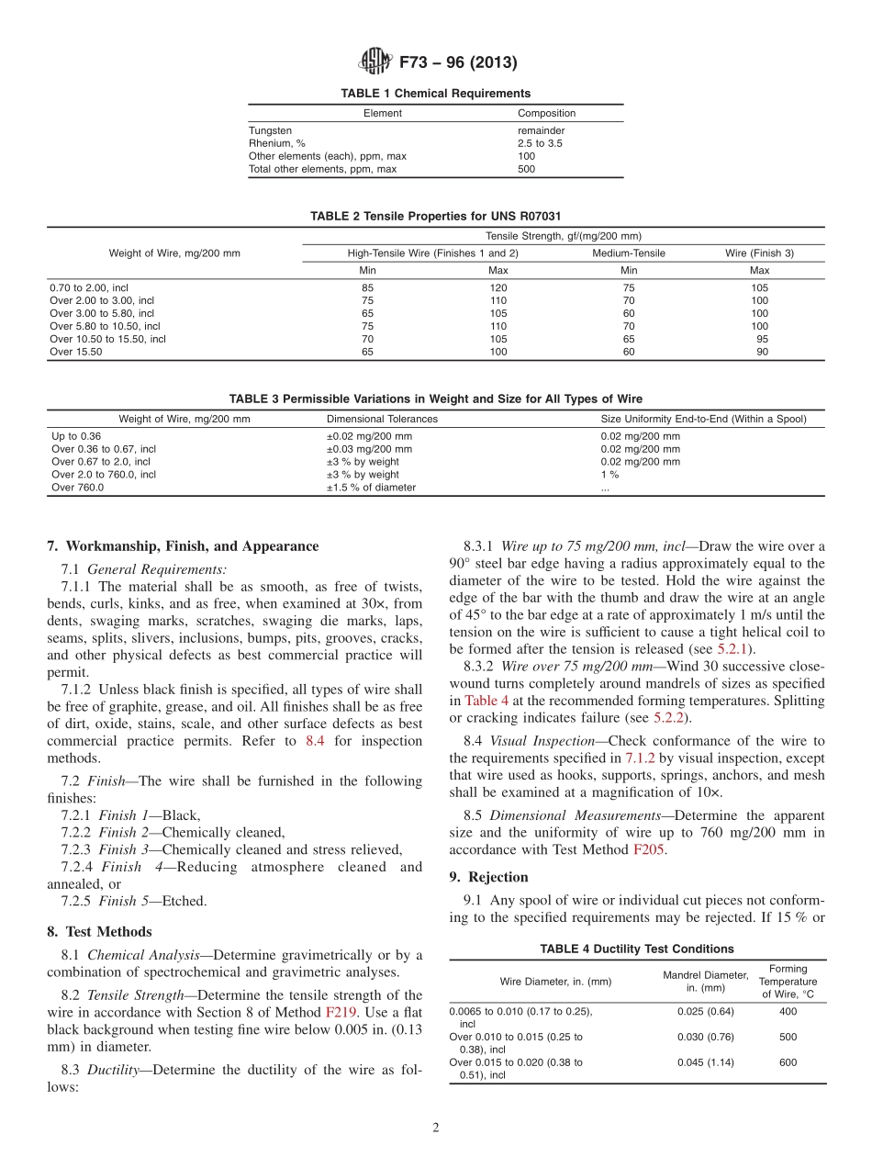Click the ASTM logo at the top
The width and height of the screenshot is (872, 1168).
coord(374,62)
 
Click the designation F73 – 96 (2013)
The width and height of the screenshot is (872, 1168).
coord(457,63)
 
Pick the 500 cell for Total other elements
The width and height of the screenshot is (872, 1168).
coord(526,169)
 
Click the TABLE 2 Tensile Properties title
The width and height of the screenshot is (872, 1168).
coord(435,216)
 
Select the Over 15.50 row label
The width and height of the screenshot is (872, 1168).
coord(76,352)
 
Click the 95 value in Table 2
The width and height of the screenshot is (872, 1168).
coord(762,339)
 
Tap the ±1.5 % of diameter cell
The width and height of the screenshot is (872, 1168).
coord(371,488)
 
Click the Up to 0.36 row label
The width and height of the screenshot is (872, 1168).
coord(76,436)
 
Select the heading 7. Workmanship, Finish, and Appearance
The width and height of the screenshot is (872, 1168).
coord(183,546)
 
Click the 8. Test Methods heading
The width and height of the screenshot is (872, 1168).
coord(99,932)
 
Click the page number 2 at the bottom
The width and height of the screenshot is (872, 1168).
coord(436,1129)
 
